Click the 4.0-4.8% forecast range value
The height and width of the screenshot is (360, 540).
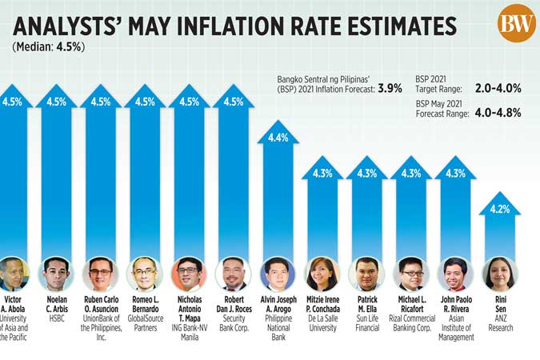[498, 113]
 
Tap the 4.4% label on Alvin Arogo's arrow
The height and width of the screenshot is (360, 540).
[278, 138]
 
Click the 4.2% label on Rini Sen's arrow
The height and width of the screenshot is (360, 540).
[499, 210]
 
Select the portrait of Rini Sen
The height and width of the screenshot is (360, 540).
[499, 274]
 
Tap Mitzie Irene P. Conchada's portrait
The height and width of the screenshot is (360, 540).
[322, 274]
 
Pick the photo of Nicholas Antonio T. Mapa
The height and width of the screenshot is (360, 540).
[189, 274]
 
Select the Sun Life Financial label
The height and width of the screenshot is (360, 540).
[366, 322]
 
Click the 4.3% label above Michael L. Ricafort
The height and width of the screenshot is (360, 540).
[411, 173]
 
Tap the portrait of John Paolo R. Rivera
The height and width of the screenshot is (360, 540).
[455, 274]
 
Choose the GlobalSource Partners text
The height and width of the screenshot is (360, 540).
[145, 322]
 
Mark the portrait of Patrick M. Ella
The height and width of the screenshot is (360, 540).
[366, 274]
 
